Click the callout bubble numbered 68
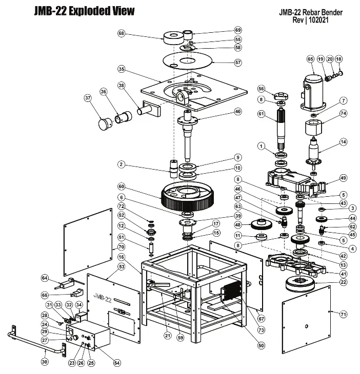[x=121, y=33]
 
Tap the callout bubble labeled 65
[x=310, y=59]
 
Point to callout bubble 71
[x=344, y=314]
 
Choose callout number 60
[x=121, y=186]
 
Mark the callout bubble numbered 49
[x=343, y=178]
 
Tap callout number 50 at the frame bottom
[x=261, y=346]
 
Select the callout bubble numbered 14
[x=343, y=141]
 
